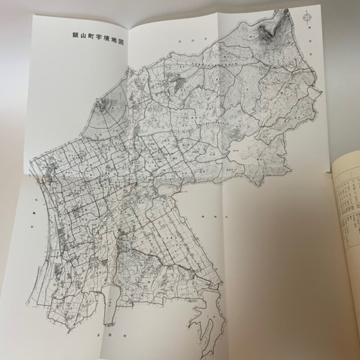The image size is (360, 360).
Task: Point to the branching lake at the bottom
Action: point(204,324)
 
